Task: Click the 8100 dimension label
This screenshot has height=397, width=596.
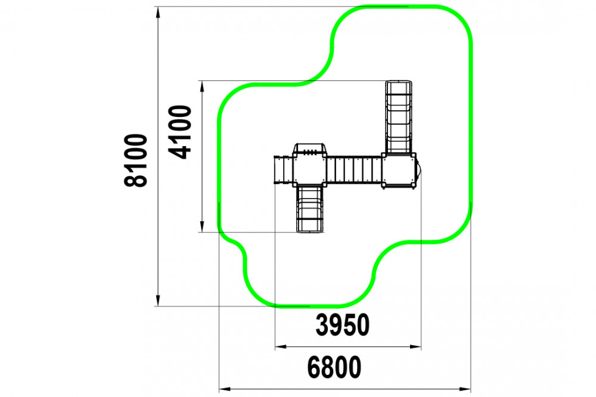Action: (135, 160)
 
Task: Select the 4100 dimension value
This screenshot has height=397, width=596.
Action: (180, 132)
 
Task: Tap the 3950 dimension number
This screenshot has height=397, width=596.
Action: (343, 325)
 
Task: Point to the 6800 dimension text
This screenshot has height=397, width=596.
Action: (334, 367)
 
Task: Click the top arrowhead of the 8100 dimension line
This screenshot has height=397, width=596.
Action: (158, 12)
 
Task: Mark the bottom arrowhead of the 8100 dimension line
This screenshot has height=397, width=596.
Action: (158, 300)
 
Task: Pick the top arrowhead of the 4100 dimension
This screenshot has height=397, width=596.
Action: (202, 86)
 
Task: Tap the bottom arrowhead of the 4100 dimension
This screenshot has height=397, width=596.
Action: (202, 227)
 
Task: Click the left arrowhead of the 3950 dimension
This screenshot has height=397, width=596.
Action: (281, 346)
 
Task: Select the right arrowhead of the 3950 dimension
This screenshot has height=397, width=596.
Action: (415, 346)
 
